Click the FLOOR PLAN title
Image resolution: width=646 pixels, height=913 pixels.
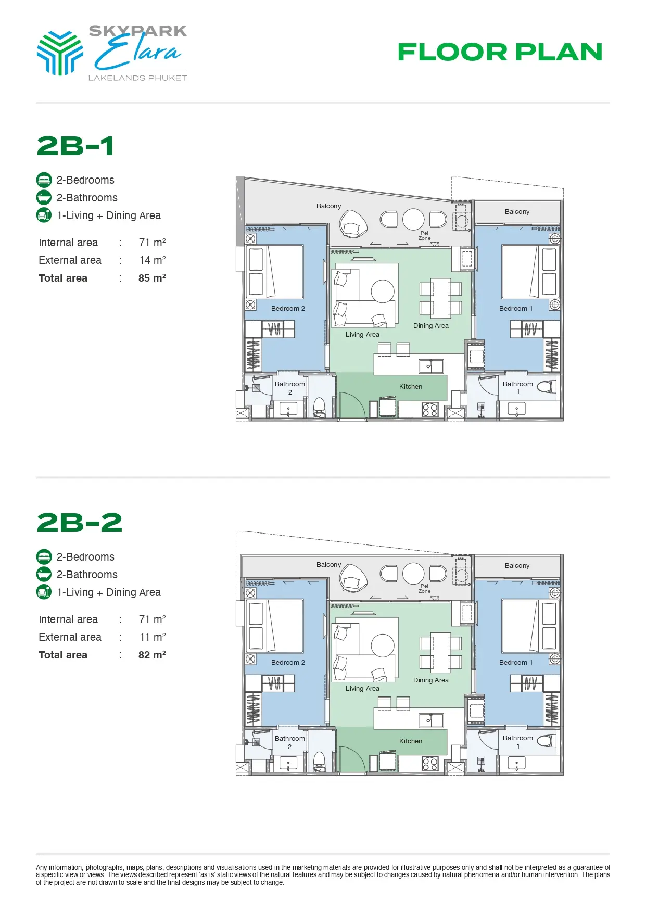point(500,52)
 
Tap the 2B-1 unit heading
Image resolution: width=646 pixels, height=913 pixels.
point(75,146)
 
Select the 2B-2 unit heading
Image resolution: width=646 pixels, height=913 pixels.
point(80,523)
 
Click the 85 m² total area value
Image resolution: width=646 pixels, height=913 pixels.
point(152,278)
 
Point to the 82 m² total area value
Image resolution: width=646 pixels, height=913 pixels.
point(152,655)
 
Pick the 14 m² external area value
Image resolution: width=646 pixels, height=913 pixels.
point(153,260)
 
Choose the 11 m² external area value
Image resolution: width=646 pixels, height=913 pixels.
point(153,637)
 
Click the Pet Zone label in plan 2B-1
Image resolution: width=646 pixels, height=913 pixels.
point(425,236)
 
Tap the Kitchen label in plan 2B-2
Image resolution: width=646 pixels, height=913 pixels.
point(411,741)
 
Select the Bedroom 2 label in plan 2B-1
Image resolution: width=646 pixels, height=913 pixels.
point(288,308)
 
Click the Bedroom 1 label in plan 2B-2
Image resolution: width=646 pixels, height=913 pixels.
point(516,662)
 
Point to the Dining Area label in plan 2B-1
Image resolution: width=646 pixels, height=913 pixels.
point(431,326)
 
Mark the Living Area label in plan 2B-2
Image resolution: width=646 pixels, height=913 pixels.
point(362,688)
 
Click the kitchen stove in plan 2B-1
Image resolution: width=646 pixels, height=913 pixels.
point(430,410)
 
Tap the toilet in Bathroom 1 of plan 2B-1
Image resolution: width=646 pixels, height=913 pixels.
point(546,387)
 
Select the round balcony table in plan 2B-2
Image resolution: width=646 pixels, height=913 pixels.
point(413,574)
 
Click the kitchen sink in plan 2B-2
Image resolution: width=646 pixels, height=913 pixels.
point(432,720)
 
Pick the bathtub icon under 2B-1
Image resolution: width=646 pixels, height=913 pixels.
point(44,198)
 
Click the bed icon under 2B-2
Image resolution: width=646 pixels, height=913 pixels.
point(44,557)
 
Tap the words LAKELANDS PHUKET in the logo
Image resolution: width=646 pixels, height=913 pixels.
point(137,78)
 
